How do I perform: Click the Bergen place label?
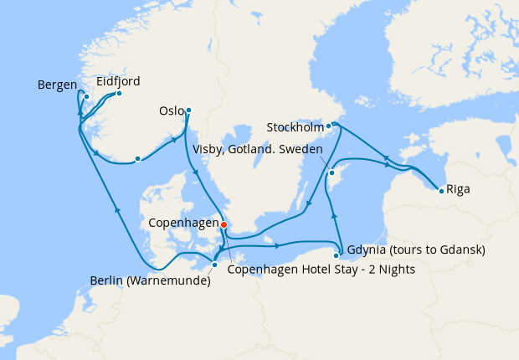57,85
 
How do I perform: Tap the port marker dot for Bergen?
86,97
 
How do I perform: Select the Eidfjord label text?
118,81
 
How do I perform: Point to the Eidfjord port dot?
119,93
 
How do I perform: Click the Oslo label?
171,111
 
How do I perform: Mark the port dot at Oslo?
188,110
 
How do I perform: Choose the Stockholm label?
295,127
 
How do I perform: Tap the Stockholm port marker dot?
329,126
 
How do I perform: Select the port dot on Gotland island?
331,173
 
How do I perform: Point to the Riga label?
458,189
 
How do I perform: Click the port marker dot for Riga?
441,191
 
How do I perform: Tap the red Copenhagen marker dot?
224,224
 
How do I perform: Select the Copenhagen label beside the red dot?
183,224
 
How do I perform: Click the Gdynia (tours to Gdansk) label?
415,250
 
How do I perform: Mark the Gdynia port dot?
337,255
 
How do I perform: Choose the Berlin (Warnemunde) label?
150,280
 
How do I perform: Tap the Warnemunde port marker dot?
215,265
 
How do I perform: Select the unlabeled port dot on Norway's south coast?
137,158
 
